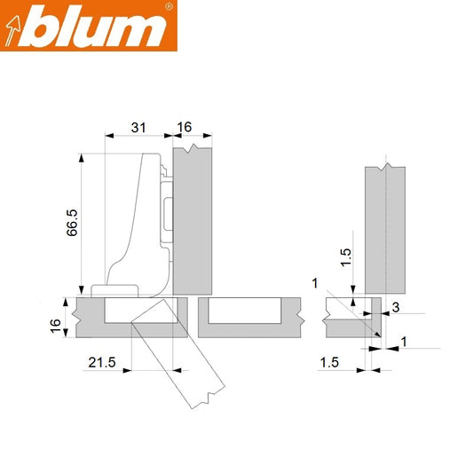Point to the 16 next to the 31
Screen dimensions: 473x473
pyautogui.click(x=185, y=129)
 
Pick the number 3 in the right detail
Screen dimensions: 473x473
pyautogui.click(x=397, y=307)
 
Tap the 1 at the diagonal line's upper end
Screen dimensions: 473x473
pyautogui.click(x=314, y=282)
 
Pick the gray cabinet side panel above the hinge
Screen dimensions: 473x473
pyautogui.click(x=193, y=222)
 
